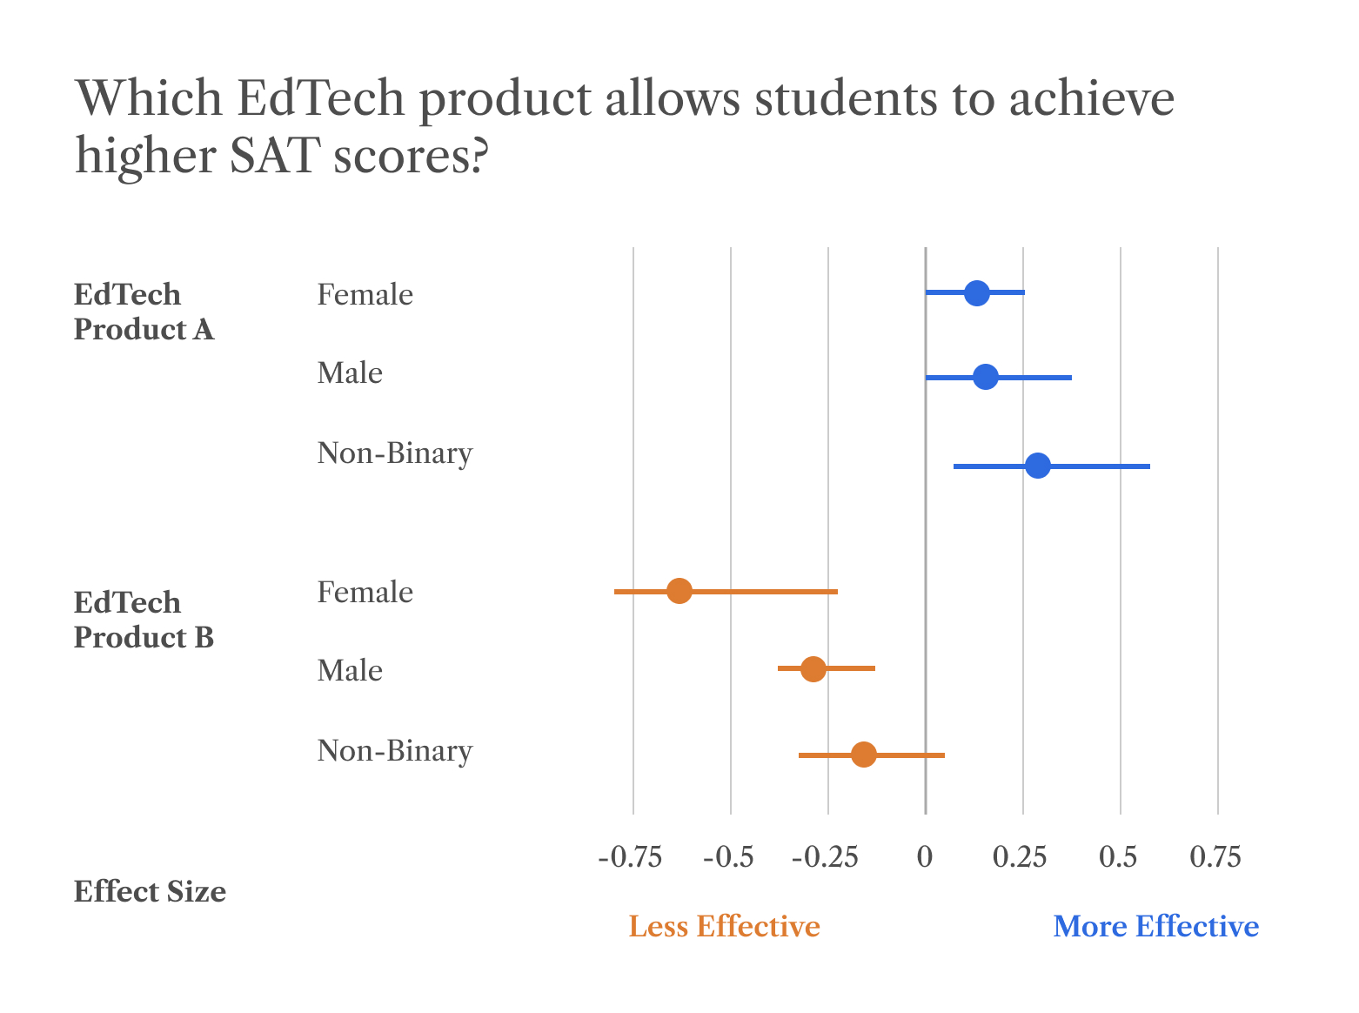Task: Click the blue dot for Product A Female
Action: (977, 293)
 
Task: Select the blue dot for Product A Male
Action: (986, 378)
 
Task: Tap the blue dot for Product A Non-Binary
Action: (1038, 466)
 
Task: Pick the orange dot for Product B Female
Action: (679, 591)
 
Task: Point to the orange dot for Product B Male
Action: (813, 669)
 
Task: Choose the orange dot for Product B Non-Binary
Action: (864, 755)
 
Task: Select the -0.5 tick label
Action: (728, 858)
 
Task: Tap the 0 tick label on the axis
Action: (925, 858)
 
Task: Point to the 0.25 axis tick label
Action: (1019, 858)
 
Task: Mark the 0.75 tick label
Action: (1215, 858)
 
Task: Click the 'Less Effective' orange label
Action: (724, 927)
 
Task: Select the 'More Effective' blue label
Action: (1155, 927)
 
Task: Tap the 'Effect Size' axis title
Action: (150, 892)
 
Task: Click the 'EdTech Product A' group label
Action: (144, 312)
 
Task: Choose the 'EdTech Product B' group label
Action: (144, 621)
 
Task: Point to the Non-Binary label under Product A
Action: (395, 453)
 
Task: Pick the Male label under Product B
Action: (350, 671)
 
